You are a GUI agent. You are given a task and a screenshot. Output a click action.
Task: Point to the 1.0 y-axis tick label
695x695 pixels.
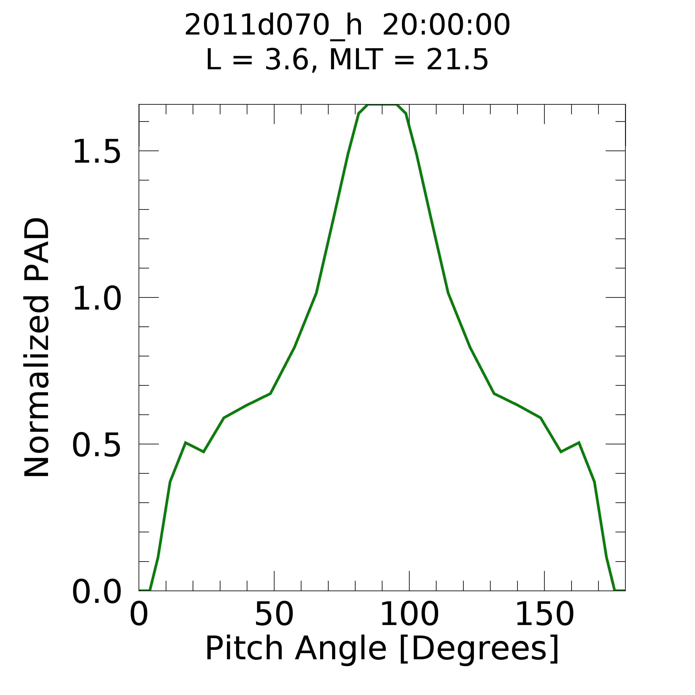(x=96, y=299)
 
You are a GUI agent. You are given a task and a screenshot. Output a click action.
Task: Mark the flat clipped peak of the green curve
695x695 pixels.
(x=382, y=105)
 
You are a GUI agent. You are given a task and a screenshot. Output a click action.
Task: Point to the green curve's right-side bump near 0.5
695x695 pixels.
(x=578, y=443)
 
